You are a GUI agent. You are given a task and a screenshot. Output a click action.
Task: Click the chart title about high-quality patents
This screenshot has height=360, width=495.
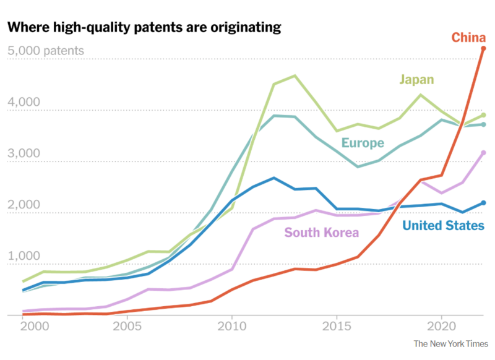144,27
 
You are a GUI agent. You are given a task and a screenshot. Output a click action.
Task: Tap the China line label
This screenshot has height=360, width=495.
468,38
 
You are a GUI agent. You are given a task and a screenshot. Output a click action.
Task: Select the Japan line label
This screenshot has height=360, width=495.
416,79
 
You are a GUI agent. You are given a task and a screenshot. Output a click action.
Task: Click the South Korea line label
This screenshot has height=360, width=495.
321,233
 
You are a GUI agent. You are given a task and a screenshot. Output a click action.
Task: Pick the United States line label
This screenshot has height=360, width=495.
443,226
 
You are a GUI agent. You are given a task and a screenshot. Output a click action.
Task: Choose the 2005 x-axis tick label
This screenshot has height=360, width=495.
127,326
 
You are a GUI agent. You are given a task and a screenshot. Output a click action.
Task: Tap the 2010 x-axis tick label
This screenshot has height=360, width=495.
231,326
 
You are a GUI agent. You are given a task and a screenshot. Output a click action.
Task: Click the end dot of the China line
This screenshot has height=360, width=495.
484,48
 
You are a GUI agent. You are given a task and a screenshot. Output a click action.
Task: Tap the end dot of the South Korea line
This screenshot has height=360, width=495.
484,153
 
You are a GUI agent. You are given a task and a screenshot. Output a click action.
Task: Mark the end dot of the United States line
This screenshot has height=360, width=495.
484,203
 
